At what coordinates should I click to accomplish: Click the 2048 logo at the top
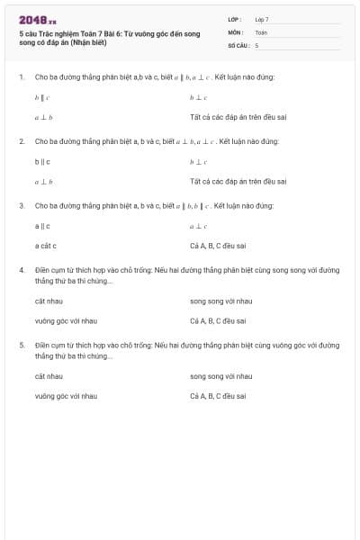[37, 19]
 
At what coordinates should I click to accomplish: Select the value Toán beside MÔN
[261, 31]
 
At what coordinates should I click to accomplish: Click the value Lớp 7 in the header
[262, 19]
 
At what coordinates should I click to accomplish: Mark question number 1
[21, 76]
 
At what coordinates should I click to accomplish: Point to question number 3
[21, 205]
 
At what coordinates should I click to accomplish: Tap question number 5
[21, 345]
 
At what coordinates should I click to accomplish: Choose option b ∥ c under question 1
[42, 96]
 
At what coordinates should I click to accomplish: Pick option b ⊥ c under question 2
[199, 162]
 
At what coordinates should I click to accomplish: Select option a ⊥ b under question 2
[43, 182]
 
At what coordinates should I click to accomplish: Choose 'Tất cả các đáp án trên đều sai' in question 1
[238, 117]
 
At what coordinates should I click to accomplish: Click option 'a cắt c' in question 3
[46, 246]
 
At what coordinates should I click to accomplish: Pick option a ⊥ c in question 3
[199, 226]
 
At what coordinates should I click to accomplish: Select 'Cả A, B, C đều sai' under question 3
[218, 246]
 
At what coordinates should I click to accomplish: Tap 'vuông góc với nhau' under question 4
[66, 320]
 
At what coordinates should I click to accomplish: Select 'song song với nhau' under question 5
[220, 375]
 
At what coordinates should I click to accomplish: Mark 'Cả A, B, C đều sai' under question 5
[218, 396]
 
